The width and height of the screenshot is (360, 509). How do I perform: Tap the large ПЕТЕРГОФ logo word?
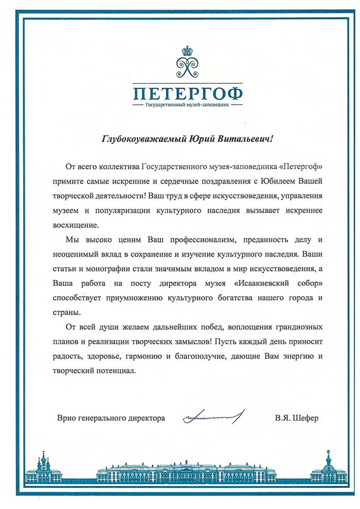click(x=187, y=94)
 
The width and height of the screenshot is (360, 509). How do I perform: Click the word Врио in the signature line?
click(x=66, y=418)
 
